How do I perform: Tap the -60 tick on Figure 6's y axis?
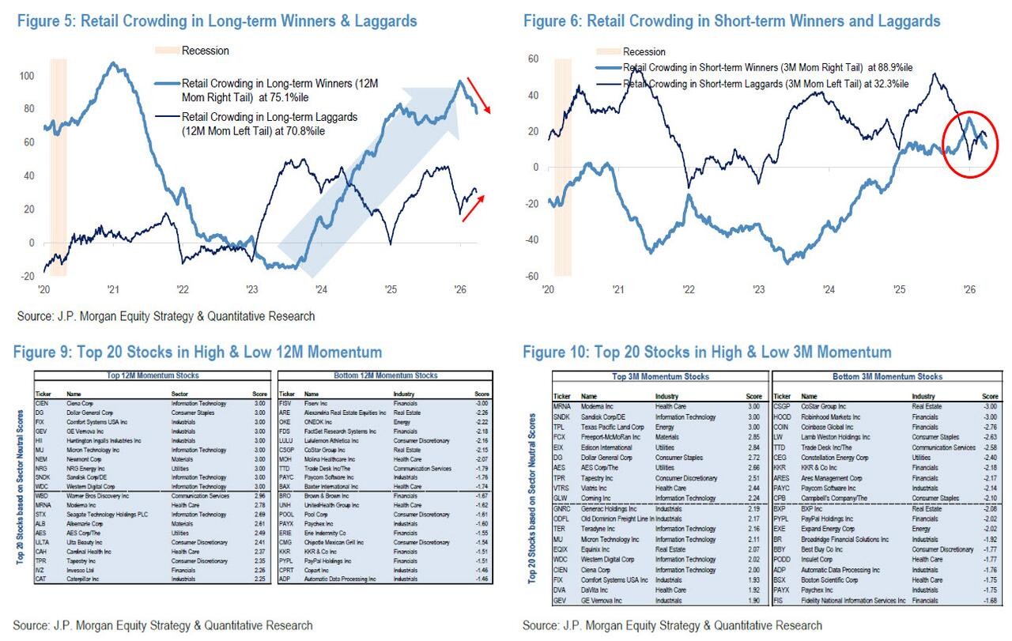[x=532, y=276]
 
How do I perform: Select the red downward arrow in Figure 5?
[x=476, y=94]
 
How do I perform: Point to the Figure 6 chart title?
[x=731, y=21]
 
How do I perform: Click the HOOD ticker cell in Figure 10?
[x=781, y=417]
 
